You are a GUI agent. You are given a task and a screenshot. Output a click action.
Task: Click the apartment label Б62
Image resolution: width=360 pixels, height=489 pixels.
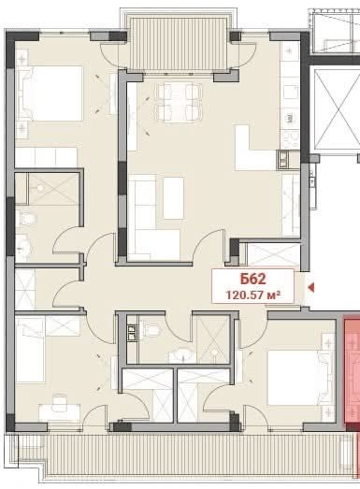coord(248,279)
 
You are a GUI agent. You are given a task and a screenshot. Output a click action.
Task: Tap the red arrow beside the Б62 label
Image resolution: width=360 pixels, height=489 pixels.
coord(311,287)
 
